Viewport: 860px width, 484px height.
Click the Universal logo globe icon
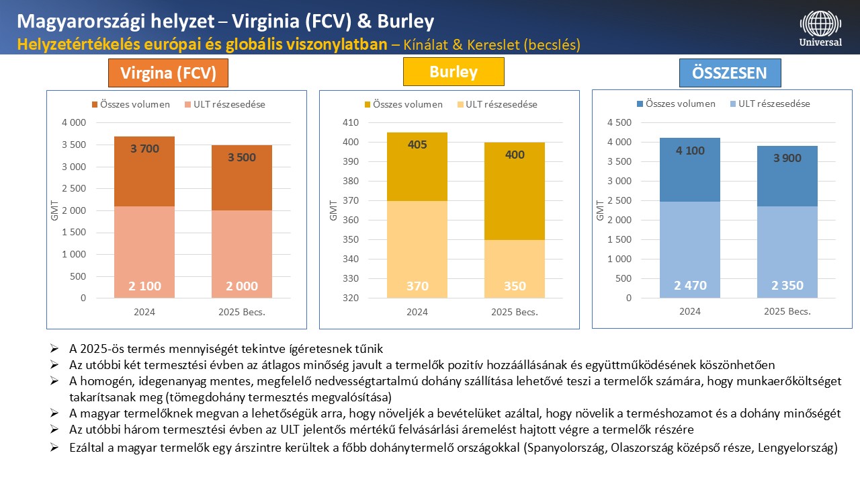[820, 23]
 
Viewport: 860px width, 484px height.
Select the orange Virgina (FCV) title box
[168, 73]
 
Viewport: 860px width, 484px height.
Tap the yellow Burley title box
[453, 72]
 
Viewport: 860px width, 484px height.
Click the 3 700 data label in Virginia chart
[144, 149]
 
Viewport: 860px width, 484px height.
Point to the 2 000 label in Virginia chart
[242, 286]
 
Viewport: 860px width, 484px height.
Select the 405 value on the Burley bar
[417, 145]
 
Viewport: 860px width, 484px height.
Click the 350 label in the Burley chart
[514, 286]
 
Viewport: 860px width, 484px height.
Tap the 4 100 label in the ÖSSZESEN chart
[690, 151]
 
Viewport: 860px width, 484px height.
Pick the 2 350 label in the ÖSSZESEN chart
[787, 286]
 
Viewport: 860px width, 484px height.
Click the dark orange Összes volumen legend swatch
[95, 104]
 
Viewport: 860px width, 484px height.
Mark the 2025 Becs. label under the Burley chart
[515, 312]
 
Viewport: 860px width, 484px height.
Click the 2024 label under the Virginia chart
[145, 312]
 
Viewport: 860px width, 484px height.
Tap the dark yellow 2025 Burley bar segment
[514, 192]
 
